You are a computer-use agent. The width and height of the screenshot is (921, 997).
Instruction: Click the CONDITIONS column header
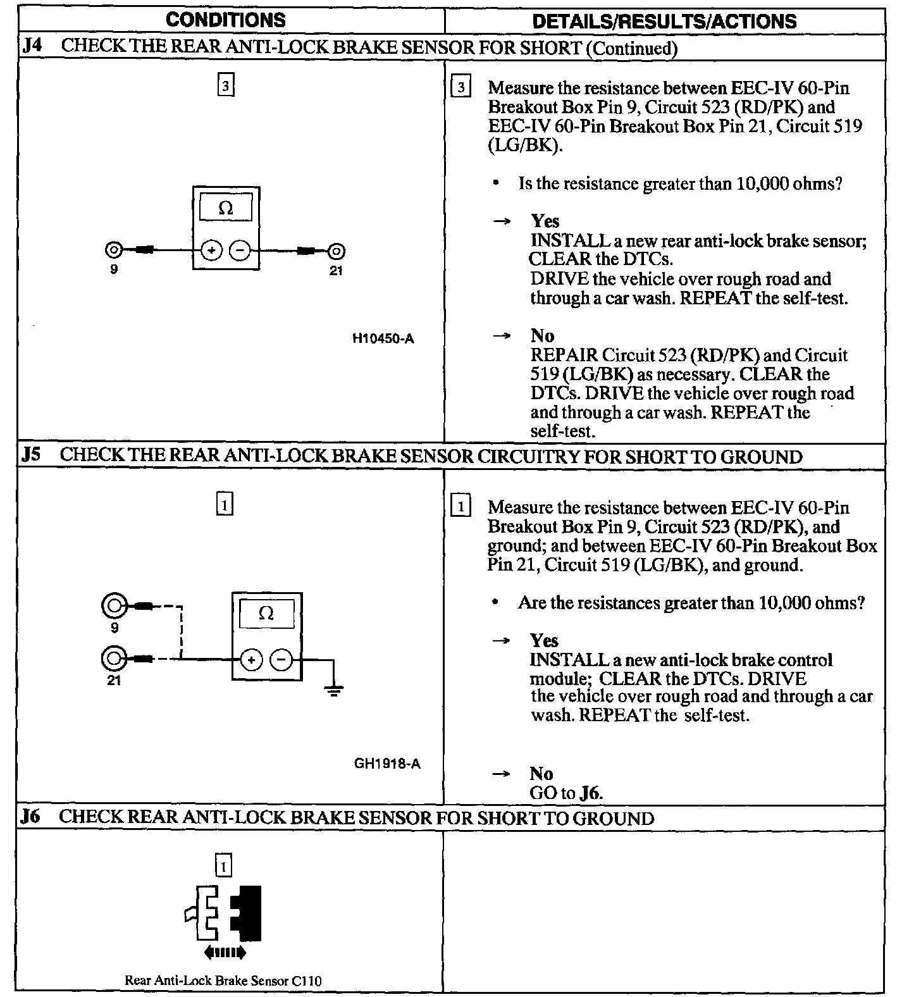(225, 20)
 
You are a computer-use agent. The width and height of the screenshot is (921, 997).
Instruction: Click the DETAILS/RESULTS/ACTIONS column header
(664, 22)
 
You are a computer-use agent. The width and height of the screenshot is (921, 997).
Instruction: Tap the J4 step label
(32, 47)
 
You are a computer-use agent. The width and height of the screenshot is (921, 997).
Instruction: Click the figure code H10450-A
(383, 338)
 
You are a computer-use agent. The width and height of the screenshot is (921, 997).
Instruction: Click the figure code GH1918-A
(386, 763)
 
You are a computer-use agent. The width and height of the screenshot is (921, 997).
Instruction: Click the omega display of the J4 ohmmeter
(226, 208)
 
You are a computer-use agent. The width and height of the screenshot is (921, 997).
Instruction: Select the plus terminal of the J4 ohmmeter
(211, 251)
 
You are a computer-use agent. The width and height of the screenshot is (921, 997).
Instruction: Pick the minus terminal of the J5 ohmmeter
(281, 660)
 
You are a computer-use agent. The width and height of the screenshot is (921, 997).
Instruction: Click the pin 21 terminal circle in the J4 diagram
(336, 251)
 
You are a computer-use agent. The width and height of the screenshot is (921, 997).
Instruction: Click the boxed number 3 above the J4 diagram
(226, 85)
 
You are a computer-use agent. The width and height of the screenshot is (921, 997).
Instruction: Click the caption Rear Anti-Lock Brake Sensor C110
(223, 981)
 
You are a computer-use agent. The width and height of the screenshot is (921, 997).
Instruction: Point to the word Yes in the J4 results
(545, 221)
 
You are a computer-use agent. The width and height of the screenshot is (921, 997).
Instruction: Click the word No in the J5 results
(541, 773)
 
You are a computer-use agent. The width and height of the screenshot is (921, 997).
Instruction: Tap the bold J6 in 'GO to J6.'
(591, 793)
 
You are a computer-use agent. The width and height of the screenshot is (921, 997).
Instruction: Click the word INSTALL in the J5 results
(568, 660)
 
